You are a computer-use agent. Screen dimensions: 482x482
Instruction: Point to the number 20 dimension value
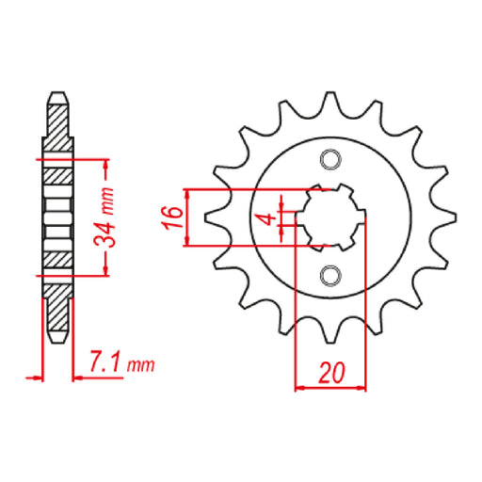(x=330, y=374)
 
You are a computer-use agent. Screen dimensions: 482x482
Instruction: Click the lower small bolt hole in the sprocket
(x=329, y=275)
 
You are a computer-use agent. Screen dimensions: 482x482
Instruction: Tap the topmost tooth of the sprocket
(x=330, y=102)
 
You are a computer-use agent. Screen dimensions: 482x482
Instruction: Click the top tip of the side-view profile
(x=57, y=94)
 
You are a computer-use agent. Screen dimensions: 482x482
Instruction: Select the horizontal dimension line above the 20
(x=330, y=386)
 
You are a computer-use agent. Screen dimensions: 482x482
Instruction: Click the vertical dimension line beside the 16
(x=191, y=217)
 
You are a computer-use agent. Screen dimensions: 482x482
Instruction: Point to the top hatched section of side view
(x=57, y=122)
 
